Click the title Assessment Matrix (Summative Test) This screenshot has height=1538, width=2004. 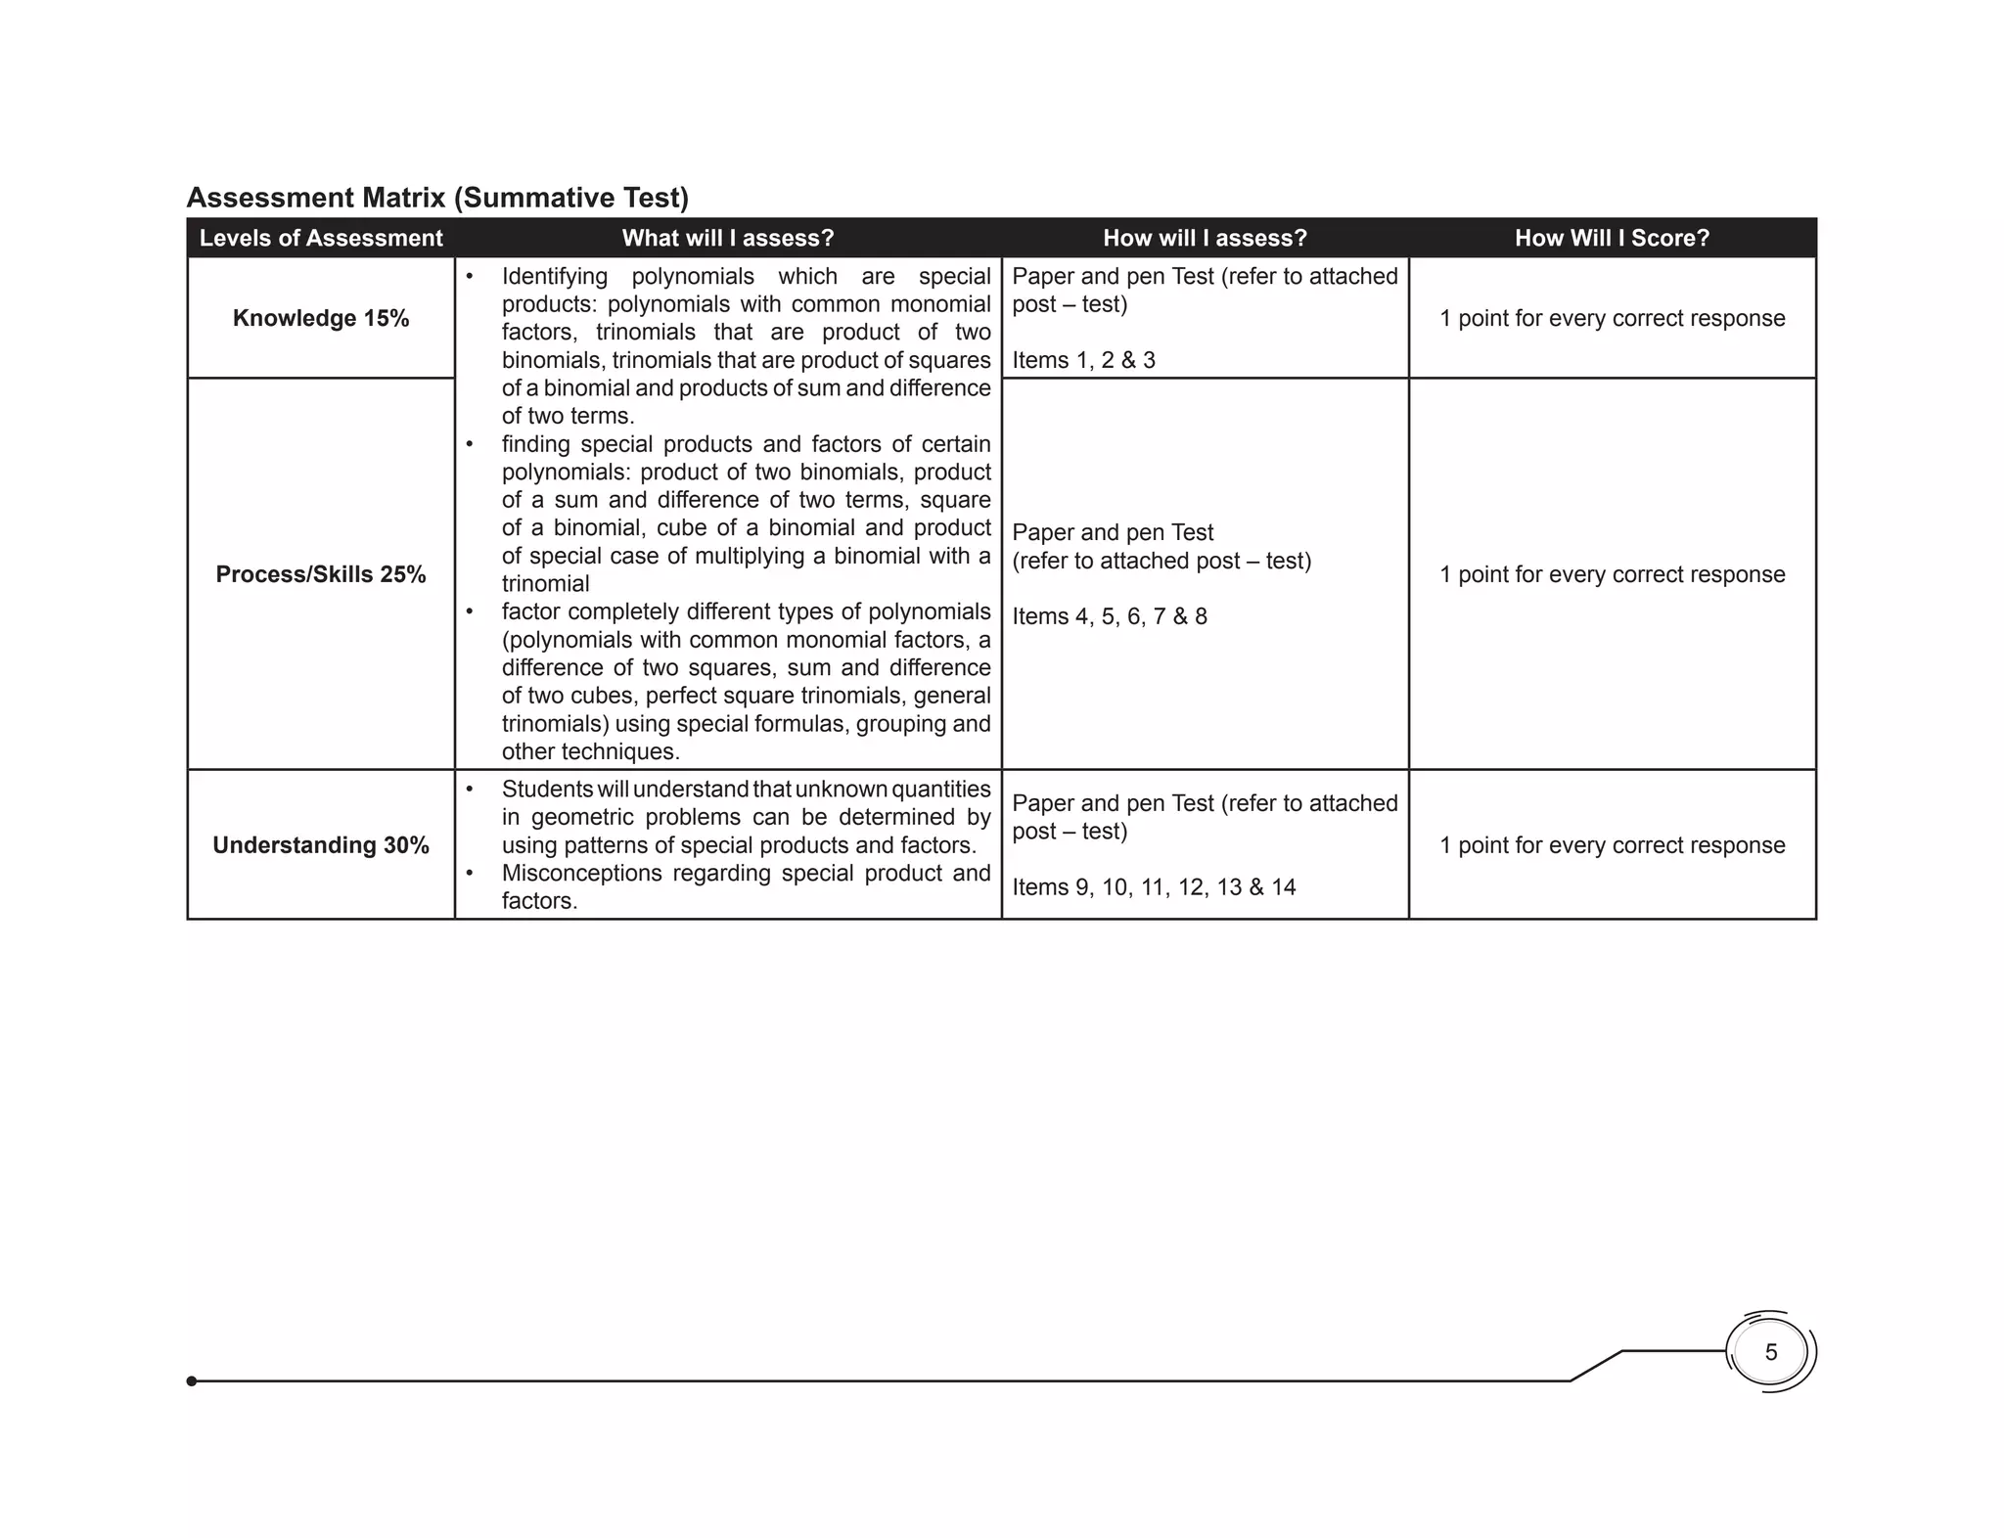click(437, 198)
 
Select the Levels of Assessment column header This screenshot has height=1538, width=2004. click(321, 238)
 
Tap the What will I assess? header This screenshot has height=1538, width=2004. click(727, 238)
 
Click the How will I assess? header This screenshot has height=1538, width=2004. click(1205, 238)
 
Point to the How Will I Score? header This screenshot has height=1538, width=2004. click(1612, 238)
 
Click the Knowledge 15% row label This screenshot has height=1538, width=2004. click(321, 318)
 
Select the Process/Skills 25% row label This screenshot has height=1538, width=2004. click(321, 574)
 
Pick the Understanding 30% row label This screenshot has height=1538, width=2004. click(321, 845)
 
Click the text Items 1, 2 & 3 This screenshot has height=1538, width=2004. click(1083, 360)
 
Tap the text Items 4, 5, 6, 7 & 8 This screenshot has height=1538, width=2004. click(1109, 616)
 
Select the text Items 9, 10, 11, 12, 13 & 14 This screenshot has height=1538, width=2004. click(1154, 887)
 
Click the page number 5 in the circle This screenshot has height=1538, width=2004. click(1770, 1352)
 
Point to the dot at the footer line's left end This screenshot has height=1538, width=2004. click(192, 1380)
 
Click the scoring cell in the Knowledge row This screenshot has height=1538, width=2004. click(1612, 318)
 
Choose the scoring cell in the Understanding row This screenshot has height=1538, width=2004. click(1612, 845)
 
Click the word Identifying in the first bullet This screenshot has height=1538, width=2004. click(554, 277)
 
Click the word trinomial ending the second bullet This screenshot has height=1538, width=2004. click(545, 584)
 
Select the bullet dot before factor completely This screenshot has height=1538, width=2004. click(470, 611)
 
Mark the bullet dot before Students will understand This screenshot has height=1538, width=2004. click(470, 789)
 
